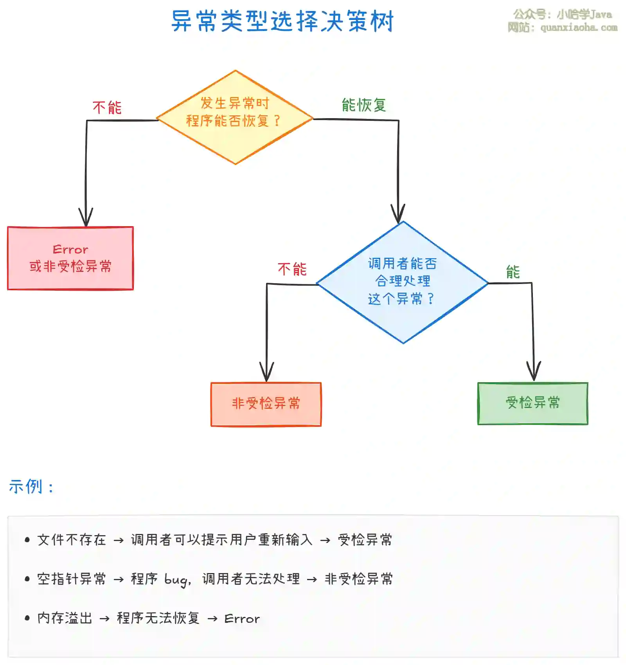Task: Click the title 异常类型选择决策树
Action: (282, 22)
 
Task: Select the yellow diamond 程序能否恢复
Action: (235, 117)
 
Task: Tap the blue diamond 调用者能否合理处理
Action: (402, 282)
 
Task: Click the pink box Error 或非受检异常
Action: (70, 258)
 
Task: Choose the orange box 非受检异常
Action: (266, 404)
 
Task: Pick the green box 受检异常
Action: (532, 403)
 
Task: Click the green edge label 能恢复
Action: (364, 105)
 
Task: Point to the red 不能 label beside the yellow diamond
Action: (107, 108)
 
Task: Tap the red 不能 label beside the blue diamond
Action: (292, 269)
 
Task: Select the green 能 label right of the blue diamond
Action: (513, 272)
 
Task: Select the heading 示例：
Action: (31, 487)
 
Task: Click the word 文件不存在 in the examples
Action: (72, 540)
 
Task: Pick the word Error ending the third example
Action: (242, 619)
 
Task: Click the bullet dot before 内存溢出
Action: (27, 618)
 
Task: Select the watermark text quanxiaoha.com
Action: (579, 27)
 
